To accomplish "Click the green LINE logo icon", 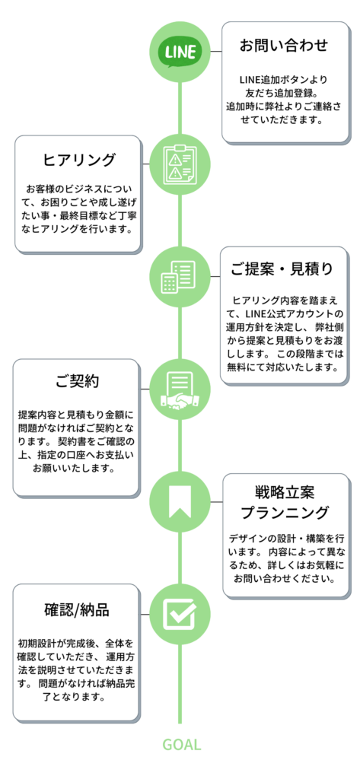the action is [180, 52].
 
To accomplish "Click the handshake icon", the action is [180, 389].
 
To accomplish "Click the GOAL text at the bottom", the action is [181, 745].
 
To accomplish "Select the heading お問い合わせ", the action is [284, 45].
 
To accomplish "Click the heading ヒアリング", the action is [79, 160].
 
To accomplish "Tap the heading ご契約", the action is [77, 382].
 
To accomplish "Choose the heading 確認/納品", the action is [77, 610].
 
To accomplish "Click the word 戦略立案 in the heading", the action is [284, 493].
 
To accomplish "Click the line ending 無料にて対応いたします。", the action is [284, 369].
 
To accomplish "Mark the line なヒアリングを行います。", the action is [78, 231].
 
